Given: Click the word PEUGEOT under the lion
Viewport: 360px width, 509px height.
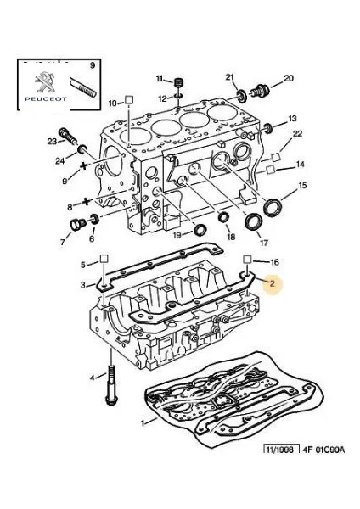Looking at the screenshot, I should [x=43, y=100].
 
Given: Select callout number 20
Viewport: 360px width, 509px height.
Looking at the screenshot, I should [x=288, y=79].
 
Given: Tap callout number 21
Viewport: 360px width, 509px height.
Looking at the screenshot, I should [x=230, y=78].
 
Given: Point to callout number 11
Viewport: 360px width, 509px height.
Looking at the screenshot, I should [x=159, y=79].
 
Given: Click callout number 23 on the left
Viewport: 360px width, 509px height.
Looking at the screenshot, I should [x=52, y=141].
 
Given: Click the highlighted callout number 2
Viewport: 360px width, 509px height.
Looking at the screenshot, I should [x=272, y=285].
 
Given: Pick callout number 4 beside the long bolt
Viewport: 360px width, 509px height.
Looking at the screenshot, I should [x=92, y=377].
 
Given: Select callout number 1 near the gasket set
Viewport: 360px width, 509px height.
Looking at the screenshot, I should [x=142, y=422].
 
